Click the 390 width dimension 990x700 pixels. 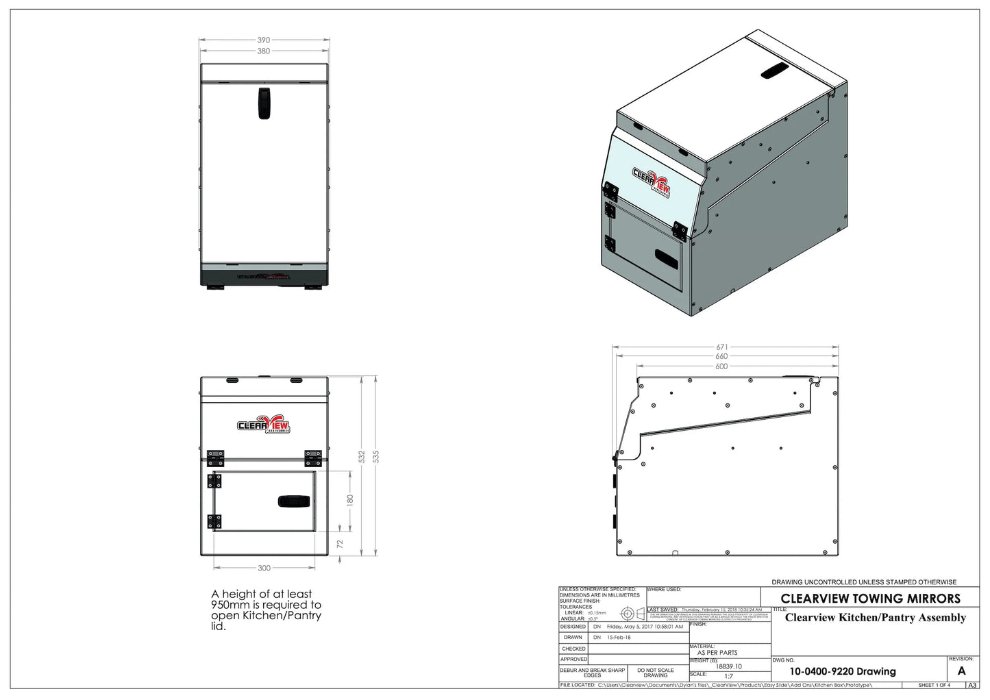[264, 40]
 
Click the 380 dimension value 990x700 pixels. [264, 51]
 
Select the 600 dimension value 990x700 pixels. [721, 366]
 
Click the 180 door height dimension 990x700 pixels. [349, 499]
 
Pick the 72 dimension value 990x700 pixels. [340, 543]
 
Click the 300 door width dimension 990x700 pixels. [264, 568]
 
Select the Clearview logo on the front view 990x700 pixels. [264, 425]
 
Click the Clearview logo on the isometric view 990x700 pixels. [650, 182]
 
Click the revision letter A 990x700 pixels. [961, 671]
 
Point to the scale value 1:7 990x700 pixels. [728, 675]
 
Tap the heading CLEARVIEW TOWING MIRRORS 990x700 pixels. [870, 598]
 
